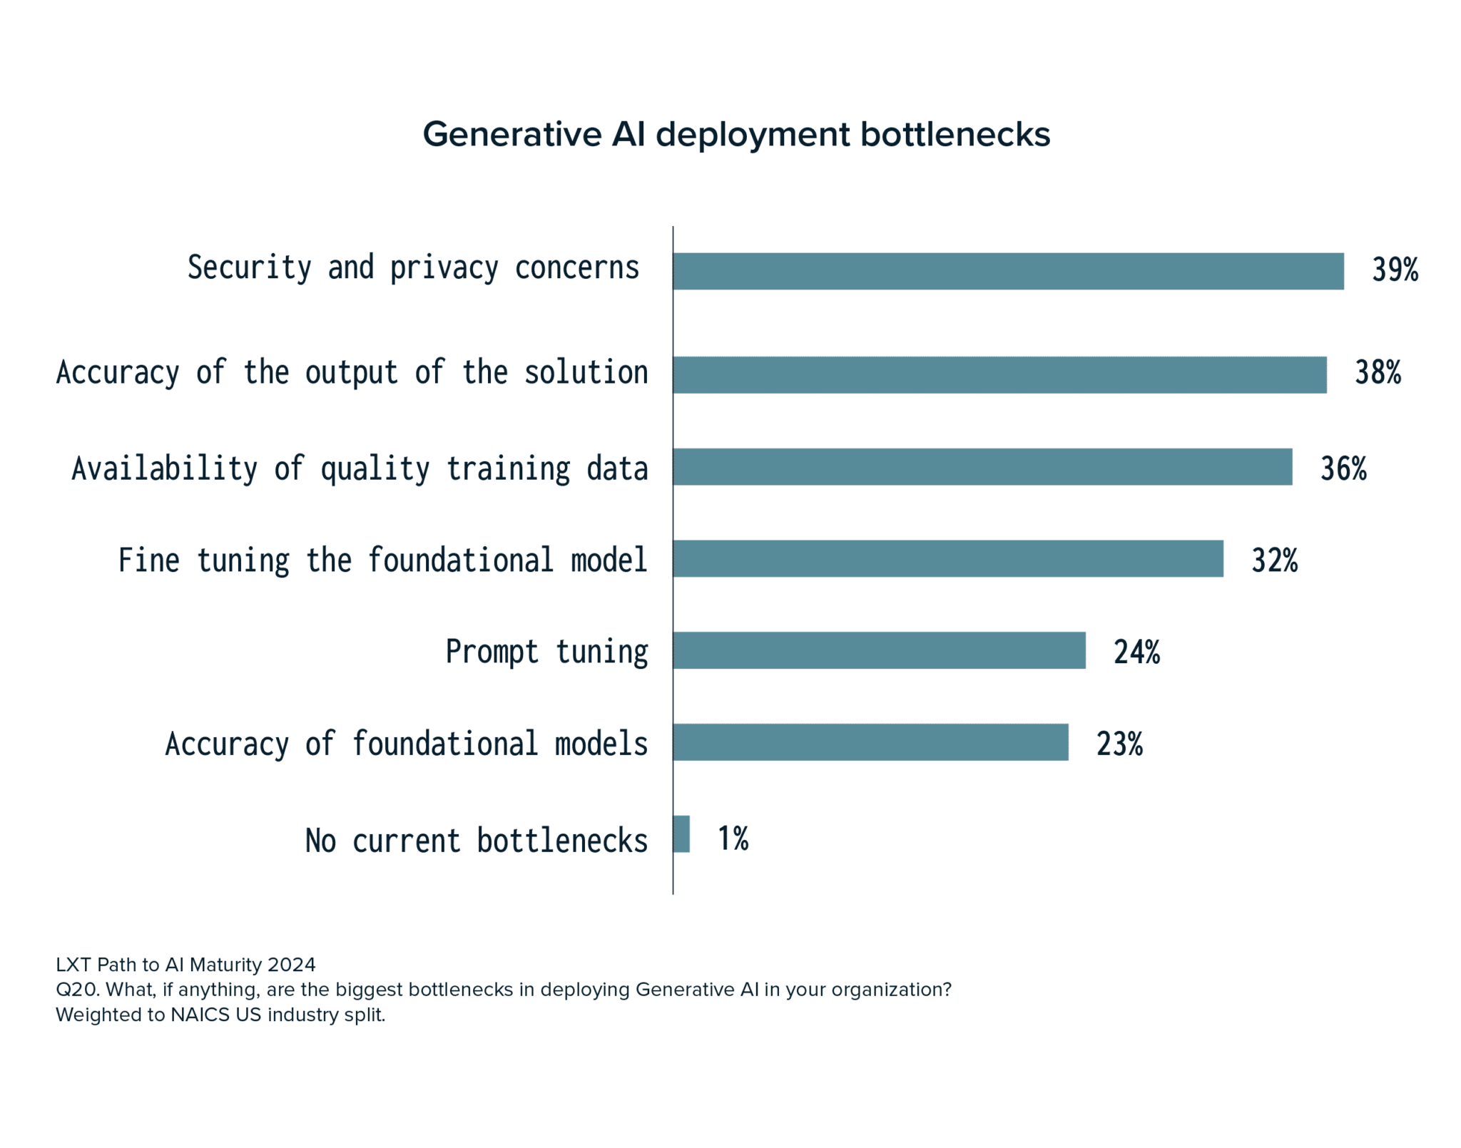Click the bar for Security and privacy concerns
coord(1007,271)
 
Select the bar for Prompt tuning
coord(878,650)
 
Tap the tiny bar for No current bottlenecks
coord(681,834)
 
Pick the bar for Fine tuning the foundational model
coord(947,558)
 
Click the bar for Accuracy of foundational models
coord(870,742)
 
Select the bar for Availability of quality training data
coord(982,466)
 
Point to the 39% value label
coord(1395,270)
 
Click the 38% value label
coord(1378,373)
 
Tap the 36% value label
coord(1343,468)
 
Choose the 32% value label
coord(1274,560)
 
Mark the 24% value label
coord(1136,652)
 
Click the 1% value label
coord(733,839)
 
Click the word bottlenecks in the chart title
coord(955,135)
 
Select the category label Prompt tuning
coord(546,652)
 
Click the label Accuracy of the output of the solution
coord(352,373)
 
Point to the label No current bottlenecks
coord(476,841)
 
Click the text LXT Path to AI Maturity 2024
coord(185,965)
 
